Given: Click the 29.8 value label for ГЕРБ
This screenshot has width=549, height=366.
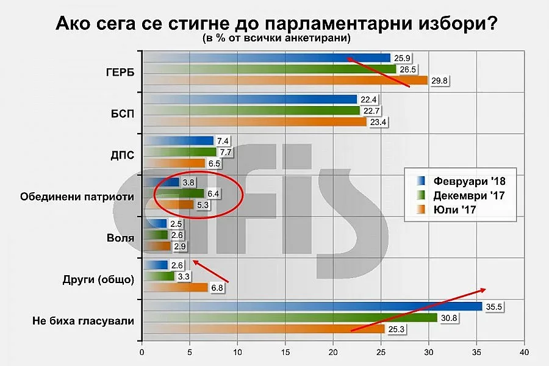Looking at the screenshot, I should point(440,80).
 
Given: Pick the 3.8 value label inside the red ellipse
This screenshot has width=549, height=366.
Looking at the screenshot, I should point(188,182).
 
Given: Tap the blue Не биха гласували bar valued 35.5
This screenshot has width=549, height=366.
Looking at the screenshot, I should point(312,306).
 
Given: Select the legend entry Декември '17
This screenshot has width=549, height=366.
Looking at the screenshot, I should point(469,195).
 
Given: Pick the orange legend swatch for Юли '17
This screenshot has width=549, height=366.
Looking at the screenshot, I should point(419,210).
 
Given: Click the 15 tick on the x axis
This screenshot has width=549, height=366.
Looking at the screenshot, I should point(285,352).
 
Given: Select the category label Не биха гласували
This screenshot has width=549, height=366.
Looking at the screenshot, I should point(82,320).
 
